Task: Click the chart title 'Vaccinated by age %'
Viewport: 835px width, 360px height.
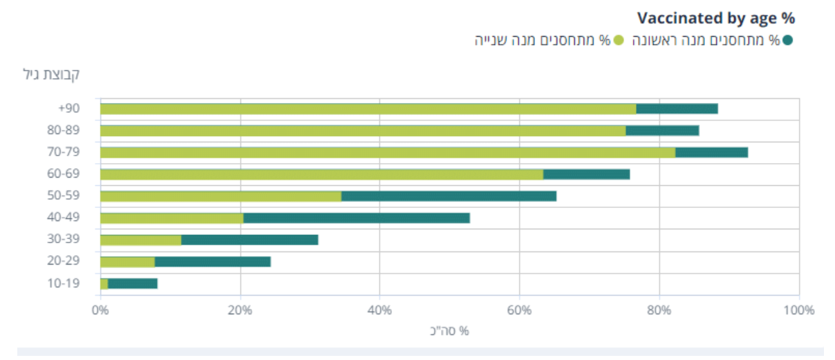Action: [x=715, y=18]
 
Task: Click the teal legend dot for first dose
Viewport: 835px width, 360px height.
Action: [x=787, y=40]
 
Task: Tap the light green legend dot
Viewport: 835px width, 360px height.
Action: [x=619, y=40]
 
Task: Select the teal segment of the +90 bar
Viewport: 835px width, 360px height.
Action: [x=677, y=108]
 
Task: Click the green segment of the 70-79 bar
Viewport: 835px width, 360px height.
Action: [x=387, y=152]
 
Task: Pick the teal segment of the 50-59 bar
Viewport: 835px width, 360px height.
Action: [x=449, y=196]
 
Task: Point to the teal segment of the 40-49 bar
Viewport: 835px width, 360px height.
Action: [x=357, y=218]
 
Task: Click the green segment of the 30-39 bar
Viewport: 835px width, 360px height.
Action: [x=140, y=240]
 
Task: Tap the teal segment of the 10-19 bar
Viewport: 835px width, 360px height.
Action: [x=133, y=283]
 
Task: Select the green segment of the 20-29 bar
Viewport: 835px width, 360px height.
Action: [x=127, y=261]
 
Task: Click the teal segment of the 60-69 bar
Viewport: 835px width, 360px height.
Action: [x=586, y=174]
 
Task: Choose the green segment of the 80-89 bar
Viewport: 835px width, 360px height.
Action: [x=363, y=131]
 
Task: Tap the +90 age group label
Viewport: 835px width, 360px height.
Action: [x=69, y=108]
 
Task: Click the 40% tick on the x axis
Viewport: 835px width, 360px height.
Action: [x=379, y=310]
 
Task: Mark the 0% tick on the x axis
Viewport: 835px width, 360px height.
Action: [x=100, y=310]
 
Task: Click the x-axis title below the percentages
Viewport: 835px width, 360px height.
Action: [x=449, y=331]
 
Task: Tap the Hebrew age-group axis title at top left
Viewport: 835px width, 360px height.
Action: [x=51, y=74]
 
